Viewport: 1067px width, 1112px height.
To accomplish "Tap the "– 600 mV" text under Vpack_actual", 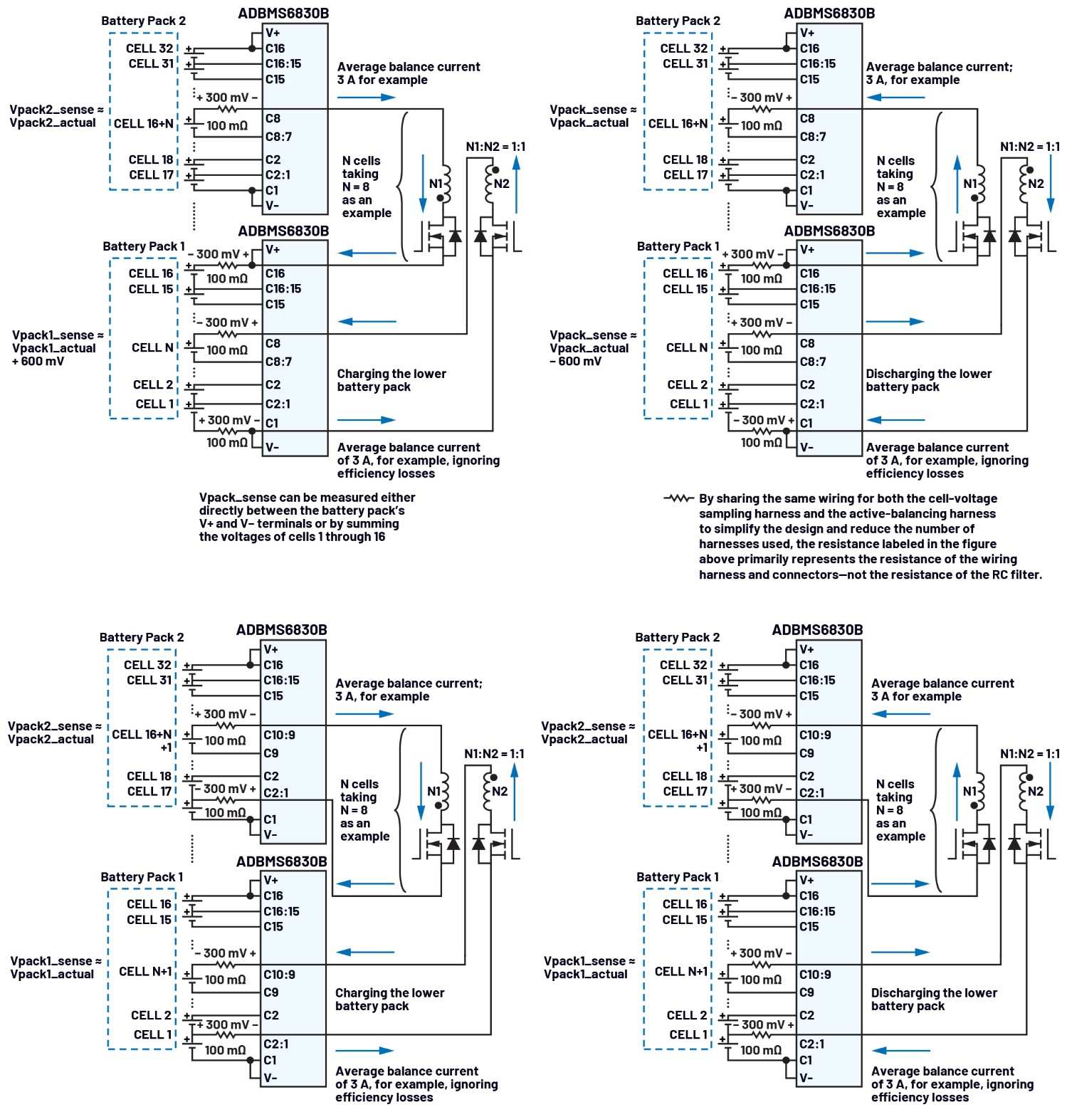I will pyautogui.click(x=575, y=361).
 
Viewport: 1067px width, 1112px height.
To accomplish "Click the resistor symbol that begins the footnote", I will pyautogui.click(x=678, y=498).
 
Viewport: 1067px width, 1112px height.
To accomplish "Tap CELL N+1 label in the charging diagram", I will pyautogui.click(x=145, y=971).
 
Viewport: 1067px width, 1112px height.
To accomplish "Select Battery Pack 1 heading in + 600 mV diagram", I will pyautogui.click(x=143, y=246).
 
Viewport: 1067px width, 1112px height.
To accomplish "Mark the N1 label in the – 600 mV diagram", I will pyautogui.click(x=970, y=184).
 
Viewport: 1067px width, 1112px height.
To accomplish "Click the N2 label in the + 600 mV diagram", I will pyautogui.click(x=501, y=184).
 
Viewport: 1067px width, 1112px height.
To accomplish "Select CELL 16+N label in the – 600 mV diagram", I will pyautogui.click(x=678, y=123).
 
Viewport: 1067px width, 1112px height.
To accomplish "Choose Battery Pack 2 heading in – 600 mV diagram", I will pyautogui.click(x=678, y=21).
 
